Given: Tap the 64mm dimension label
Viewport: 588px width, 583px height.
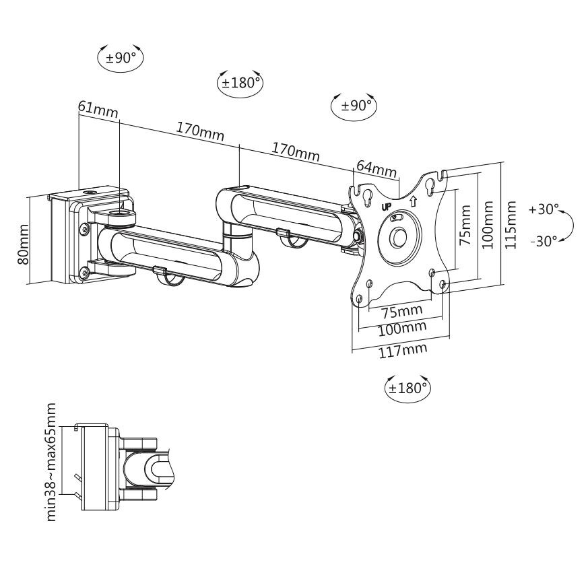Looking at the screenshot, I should (x=376, y=167).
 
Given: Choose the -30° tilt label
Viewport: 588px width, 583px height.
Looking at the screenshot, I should (x=544, y=241).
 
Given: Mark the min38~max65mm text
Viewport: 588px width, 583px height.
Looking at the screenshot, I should (x=51, y=461).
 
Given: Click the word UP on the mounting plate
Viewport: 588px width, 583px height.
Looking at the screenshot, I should (x=387, y=207).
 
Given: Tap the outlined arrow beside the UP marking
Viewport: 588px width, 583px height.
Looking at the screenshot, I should (x=412, y=200).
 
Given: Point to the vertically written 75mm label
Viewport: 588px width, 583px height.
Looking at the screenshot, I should (x=464, y=229).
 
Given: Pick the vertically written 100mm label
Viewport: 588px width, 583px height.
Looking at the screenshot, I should (x=488, y=226).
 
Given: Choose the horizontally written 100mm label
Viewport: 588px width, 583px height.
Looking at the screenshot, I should (x=403, y=329).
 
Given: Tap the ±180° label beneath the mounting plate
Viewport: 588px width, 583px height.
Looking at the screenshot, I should (x=407, y=387).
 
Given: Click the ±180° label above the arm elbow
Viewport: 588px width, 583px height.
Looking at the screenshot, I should (x=240, y=83).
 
